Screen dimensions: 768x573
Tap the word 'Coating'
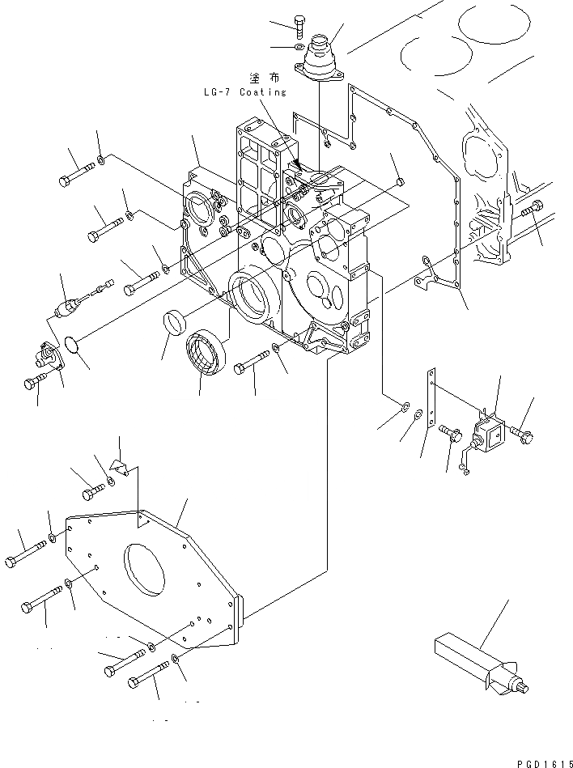261,92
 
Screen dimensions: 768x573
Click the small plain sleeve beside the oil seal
174,321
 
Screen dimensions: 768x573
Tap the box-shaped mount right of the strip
487,434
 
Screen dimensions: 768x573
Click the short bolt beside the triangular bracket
91,490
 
